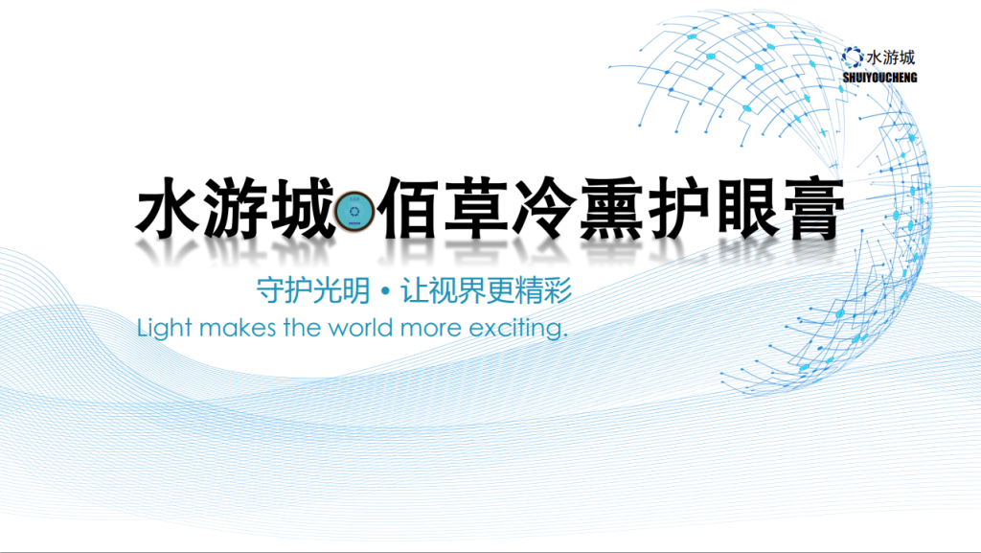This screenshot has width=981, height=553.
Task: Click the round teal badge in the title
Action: [x=354, y=212]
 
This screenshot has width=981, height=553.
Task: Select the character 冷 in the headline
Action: [x=543, y=208]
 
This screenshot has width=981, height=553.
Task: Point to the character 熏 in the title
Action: [x=611, y=208]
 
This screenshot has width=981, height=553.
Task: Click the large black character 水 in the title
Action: [x=167, y=208]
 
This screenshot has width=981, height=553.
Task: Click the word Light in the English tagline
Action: [x=164, y=328]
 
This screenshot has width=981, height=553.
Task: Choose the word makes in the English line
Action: [x=238, y=327]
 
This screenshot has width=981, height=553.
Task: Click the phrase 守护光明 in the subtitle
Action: [x=313, y=290]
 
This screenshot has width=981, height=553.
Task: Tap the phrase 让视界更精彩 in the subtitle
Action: [x=486, y=290]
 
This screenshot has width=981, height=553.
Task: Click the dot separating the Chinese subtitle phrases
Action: [x=385, y=291]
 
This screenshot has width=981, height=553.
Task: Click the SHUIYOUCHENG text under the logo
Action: [x=879, y=78]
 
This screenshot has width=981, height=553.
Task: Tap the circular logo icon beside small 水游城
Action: [x=852, y=58]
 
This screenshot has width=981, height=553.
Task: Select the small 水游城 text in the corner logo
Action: [x=890, y=58]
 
